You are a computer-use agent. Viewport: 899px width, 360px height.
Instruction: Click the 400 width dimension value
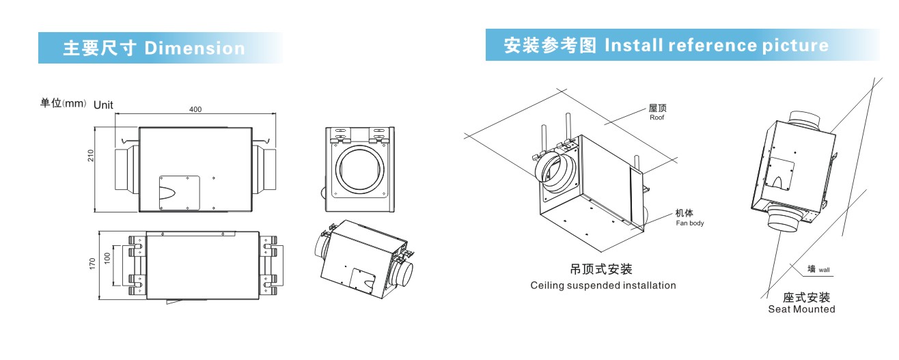195,109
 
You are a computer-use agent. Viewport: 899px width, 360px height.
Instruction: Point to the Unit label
103,105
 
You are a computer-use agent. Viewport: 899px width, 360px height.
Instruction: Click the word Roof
657,117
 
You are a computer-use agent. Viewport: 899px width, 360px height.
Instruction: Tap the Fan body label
689,223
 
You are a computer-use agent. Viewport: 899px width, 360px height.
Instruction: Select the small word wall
825,271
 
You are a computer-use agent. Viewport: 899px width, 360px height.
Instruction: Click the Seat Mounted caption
801,309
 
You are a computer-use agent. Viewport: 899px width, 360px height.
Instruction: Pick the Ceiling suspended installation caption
603,286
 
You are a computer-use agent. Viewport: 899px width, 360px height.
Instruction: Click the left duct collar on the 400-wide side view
126,167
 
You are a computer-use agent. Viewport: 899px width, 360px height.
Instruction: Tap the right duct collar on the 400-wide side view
265,167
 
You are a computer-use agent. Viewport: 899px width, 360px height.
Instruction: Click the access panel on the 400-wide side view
179,193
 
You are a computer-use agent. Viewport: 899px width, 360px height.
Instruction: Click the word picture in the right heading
795,46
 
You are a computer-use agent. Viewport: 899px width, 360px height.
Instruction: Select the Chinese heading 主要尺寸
100,49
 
